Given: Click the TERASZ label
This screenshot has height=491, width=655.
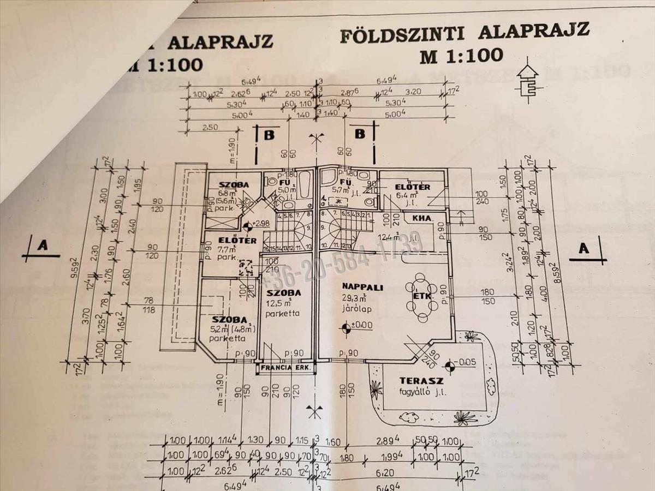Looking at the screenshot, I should point(421,380).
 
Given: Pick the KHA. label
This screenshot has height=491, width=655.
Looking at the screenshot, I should point(422,219).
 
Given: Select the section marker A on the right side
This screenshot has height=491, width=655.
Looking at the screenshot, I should point(584,249).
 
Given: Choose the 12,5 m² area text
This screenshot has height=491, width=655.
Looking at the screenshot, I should point(279,303).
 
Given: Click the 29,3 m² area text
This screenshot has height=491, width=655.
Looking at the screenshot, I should point(355,298).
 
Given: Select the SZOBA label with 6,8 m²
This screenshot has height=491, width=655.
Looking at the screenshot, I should point(234,185).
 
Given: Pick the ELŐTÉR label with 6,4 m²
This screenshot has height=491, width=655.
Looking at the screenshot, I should point(413,187).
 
